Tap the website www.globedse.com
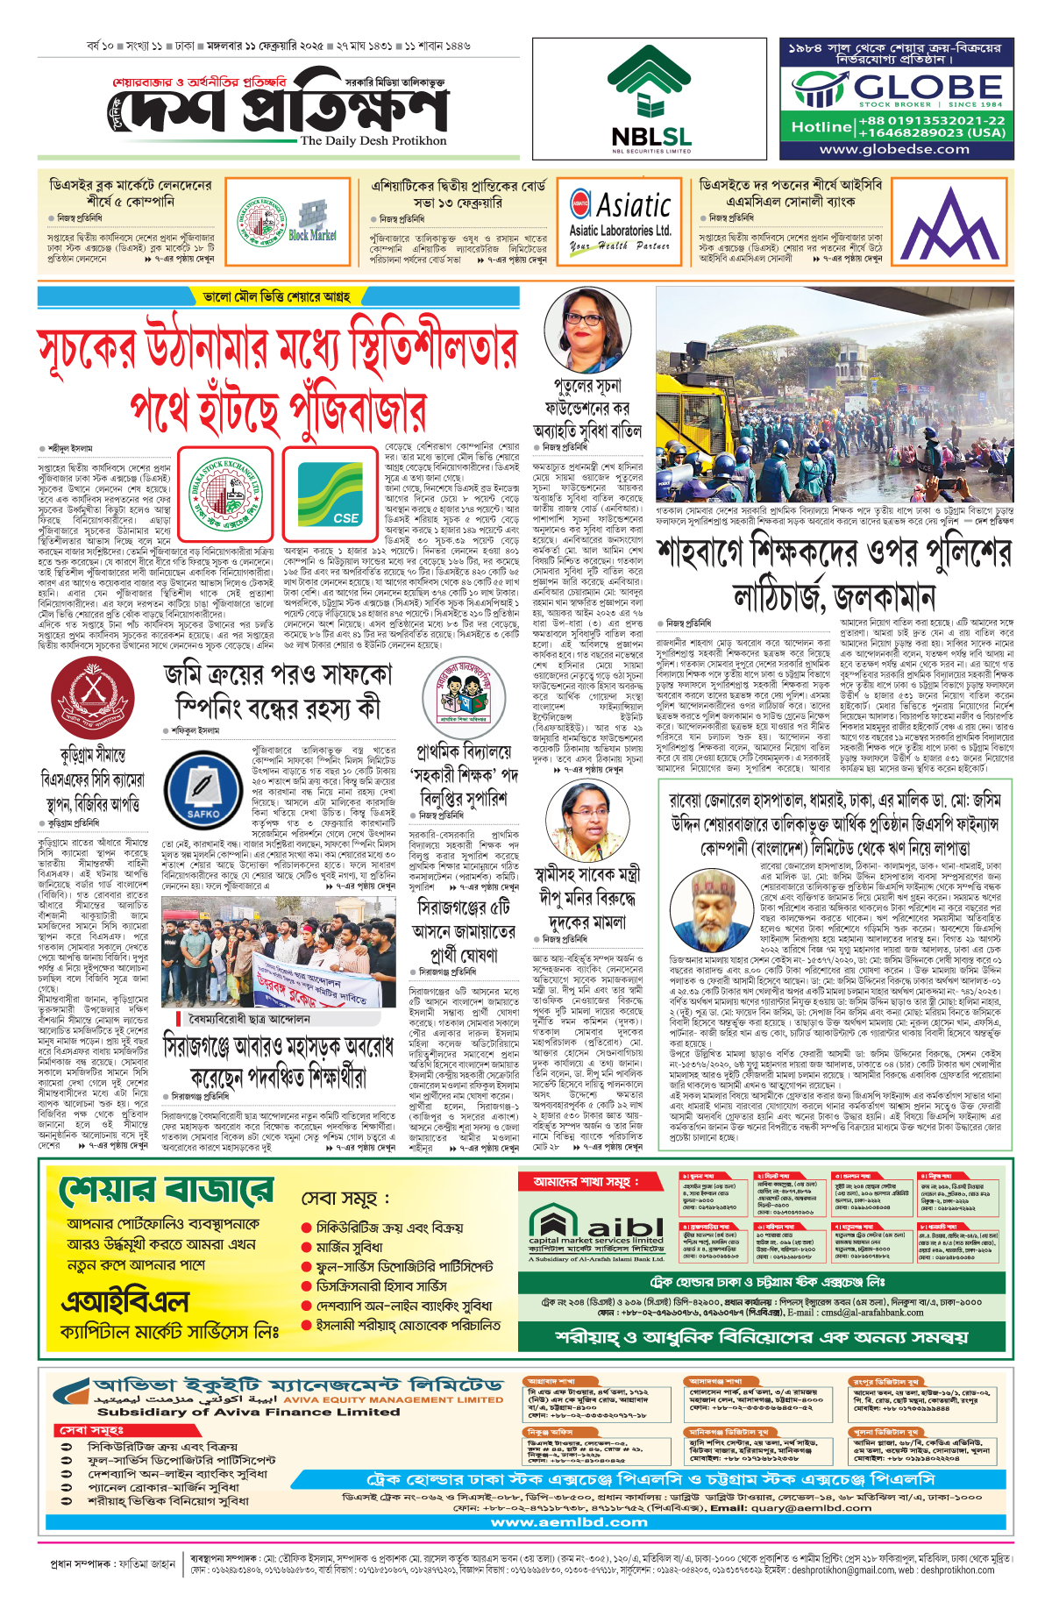tap(895, 149)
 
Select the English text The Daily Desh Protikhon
tap(373, 140)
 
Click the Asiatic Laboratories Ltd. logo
tap(620, 216)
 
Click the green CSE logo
tap(330, 494)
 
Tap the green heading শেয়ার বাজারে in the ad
tap(167, 1192)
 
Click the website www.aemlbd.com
tap(569, 1522)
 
